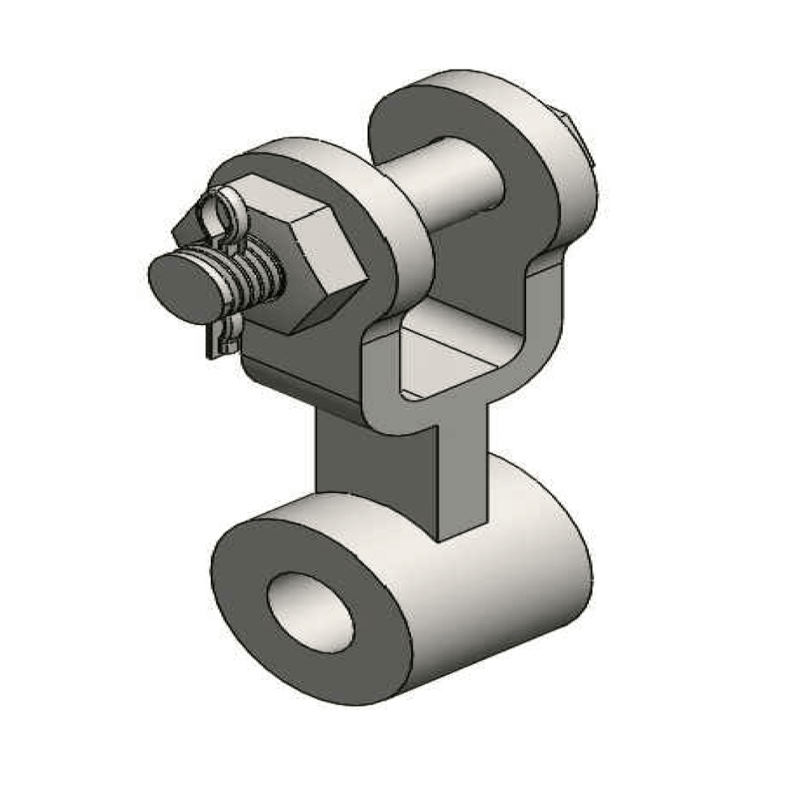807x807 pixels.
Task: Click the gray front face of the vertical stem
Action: click(463, 478)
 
